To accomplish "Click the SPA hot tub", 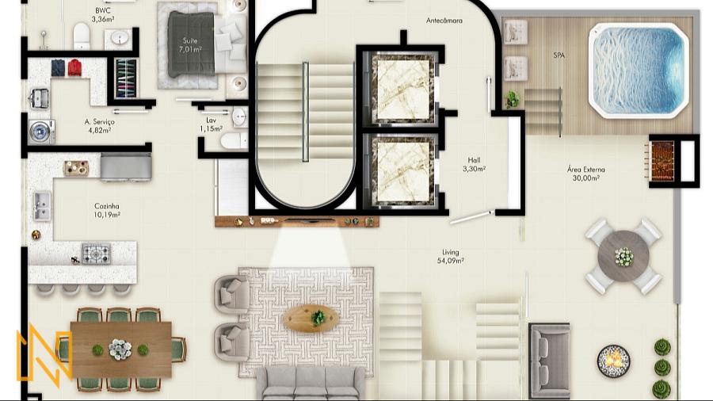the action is [x=638, y=71].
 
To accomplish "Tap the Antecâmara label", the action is [x=444, y=21].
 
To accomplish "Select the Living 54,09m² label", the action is [x=451, y=257].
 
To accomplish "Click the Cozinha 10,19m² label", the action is [x=107, y=211].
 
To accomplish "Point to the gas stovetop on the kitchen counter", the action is [x=96, y=254].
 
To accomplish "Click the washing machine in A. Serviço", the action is [x=41, y=132].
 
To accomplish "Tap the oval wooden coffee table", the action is [x=310, y=318].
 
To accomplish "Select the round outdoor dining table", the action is [x=623, y=257].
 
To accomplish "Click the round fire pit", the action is [x=613, y=361].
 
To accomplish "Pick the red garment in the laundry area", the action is [x=74, y=67].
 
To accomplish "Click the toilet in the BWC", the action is [x=82, y=36].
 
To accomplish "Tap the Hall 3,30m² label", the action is [x=475, y=165].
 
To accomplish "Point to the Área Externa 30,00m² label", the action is [x=585, y=174].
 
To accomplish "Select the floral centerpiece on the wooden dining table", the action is [x=120, y=349].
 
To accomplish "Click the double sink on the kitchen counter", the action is [x=42, y=205].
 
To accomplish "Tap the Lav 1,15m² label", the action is [x=211, y=124].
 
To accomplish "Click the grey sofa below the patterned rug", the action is [x=310, y=383].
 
